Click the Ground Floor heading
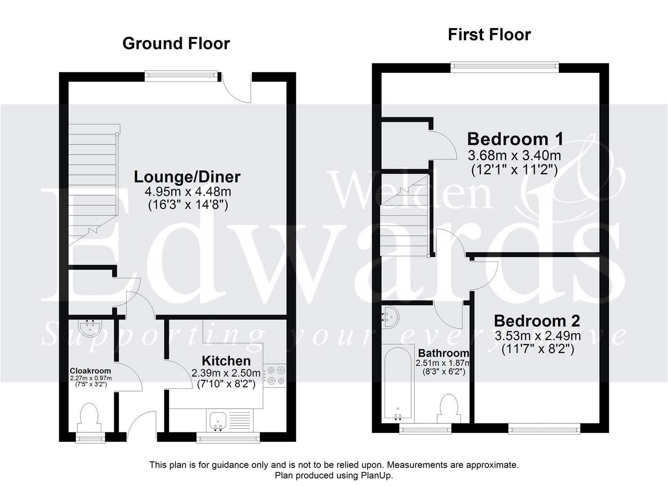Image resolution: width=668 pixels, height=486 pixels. [176, 44]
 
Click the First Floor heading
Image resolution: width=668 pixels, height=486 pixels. [489, 35]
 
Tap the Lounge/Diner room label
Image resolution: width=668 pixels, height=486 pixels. [187, 177]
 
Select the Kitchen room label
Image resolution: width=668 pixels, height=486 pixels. [226, 360]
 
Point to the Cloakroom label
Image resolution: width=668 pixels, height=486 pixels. [90, 371]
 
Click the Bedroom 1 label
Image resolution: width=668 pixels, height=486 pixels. [515, 139]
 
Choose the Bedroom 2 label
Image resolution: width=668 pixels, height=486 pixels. [537, 321]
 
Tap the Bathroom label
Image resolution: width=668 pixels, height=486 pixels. [444, 353]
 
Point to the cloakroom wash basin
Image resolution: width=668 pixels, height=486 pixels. [91, 327]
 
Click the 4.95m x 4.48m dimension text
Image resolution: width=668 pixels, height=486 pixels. [188, 192]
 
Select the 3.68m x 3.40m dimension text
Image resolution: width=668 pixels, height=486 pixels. [514, 156]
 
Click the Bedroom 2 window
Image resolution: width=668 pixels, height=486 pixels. [544, 430]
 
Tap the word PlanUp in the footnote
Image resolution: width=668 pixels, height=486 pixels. [380, 476]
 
